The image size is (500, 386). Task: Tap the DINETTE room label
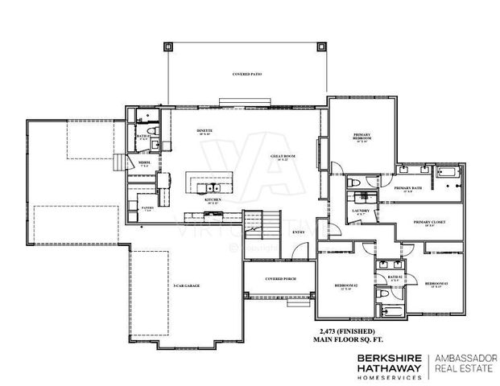[x=205, y=130]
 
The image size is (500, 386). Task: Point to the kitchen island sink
[x=201, y=187]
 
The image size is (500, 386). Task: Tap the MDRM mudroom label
[x=143, y=163]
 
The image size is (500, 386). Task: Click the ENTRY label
[x=298, y=232]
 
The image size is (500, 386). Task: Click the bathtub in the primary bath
[x=446, y=171]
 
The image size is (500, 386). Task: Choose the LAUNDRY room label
[x=360, y=211]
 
